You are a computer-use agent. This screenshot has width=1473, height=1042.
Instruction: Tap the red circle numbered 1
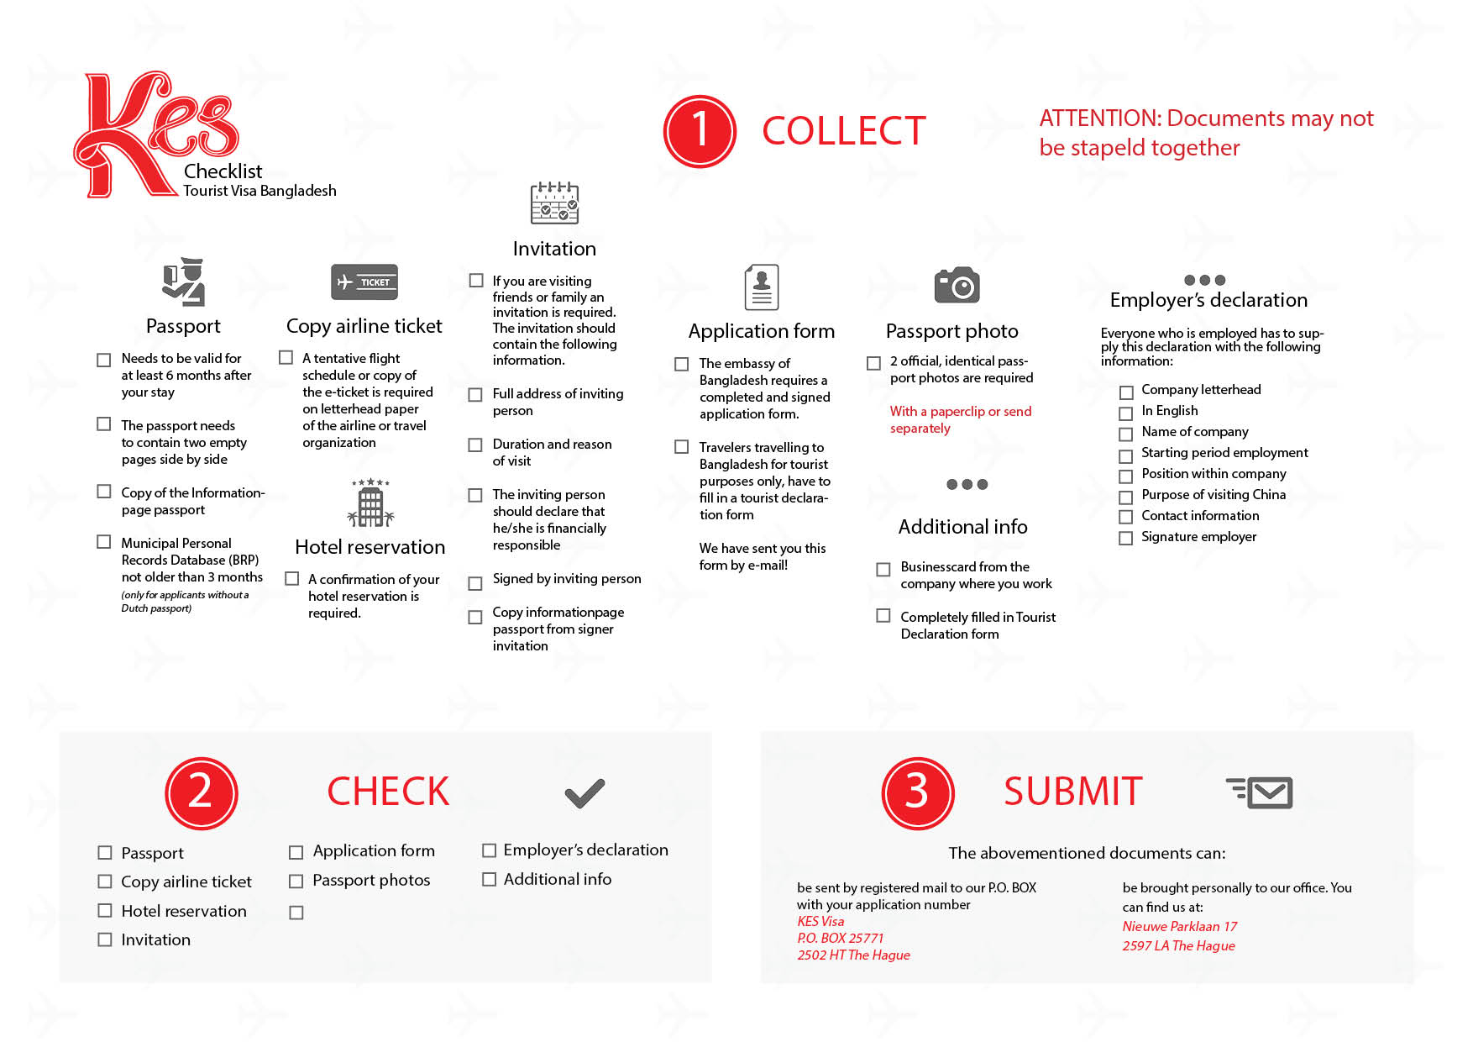(x=700, y=131)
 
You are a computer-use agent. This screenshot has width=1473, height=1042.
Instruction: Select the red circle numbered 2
(x=202, y=792)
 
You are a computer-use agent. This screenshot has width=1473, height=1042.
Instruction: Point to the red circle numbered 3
(x=917, y=792)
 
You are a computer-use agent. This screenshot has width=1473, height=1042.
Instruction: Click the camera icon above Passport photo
(x=957, y=286)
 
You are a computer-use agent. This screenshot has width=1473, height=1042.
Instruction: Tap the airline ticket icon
(x=364, y=282)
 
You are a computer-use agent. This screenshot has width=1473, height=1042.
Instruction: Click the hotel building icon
(x=370, y=503)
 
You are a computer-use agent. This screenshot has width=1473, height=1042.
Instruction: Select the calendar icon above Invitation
(x=554, y=203)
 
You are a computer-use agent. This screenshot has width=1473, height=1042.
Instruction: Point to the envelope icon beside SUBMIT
(x=1261, y=792)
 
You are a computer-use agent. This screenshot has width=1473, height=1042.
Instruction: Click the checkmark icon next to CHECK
(x=584, y=792)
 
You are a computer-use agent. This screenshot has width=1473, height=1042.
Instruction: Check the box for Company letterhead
(x=1126, y=392)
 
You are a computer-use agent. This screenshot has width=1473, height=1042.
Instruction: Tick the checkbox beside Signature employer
(x=1126, y=538)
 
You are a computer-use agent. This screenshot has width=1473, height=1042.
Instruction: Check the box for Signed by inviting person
(x=475, y=582)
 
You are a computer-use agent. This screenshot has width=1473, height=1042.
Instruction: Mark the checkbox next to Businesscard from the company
(x=883, y=570)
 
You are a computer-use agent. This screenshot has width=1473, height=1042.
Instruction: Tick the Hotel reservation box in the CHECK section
(x=105, y=911)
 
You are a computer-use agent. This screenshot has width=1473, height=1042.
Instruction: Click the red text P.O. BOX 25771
(x=841, y=938)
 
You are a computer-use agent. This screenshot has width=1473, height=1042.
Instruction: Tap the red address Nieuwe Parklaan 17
(x=1180, y=926)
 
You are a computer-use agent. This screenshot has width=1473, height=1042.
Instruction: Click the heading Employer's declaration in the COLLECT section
(x=1208, y=300)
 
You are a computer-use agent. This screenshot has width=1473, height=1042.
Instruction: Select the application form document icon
(x=762, y=287)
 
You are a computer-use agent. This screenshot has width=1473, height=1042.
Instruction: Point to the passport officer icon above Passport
(x=184, y=282)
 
